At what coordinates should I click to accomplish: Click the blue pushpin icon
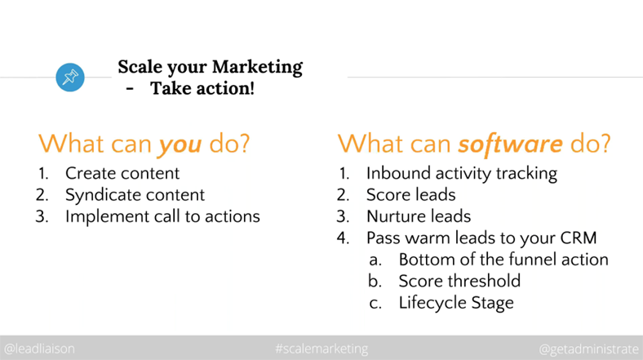point(70,77)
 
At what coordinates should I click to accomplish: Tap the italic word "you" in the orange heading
point(180,144)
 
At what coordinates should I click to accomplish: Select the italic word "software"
point(510,144)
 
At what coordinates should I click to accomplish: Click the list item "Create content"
point(122,173)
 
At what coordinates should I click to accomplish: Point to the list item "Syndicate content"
point(135,195)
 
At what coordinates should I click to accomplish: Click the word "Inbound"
point(398,173)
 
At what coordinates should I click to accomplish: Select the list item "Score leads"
point(411,195)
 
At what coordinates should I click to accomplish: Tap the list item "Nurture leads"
point(419,216)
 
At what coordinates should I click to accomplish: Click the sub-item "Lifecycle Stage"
point(456,304)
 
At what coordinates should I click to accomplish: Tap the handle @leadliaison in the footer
point(39,349)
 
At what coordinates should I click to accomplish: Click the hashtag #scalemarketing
point(322,349)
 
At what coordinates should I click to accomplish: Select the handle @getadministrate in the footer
point(589,349)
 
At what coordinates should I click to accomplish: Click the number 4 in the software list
point(344,238)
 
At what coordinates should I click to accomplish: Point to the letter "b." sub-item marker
point(375,282)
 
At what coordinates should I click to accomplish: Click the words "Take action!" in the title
point(202,88)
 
